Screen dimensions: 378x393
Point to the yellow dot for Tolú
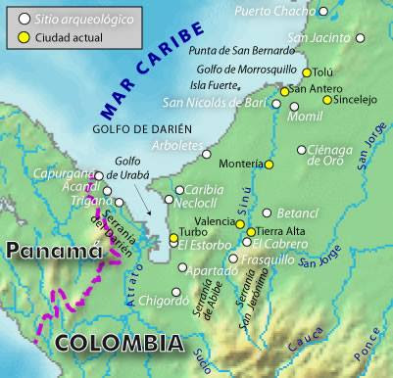[307, 72]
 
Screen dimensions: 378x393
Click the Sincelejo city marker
[327, 99]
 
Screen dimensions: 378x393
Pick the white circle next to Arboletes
[206, 154]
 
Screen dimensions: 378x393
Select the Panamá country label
[54, 251]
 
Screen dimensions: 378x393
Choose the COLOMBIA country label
[118, 342]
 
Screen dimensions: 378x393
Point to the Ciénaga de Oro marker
[302, 150]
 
